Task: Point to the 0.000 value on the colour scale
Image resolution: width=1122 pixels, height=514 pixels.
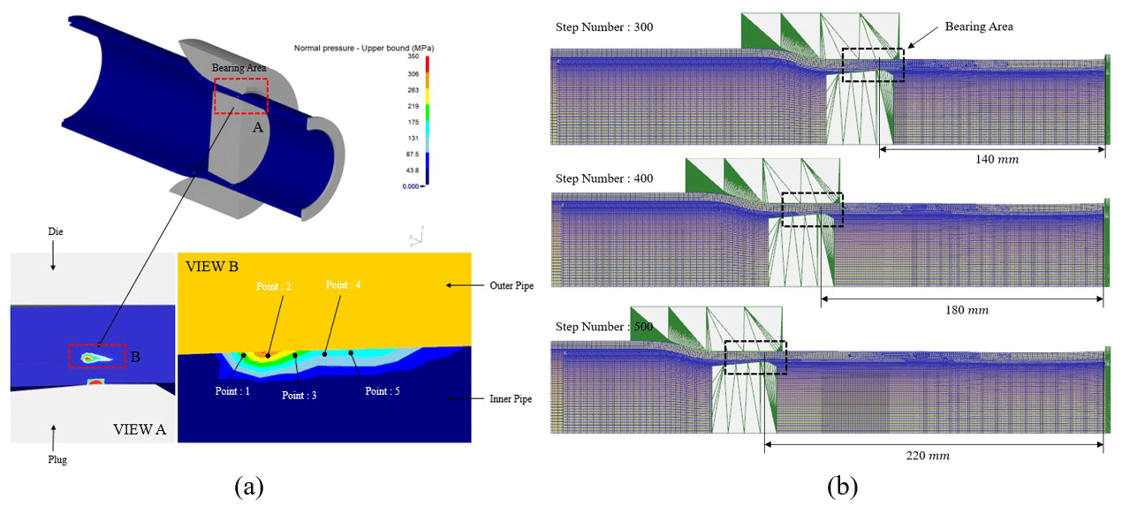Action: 411,186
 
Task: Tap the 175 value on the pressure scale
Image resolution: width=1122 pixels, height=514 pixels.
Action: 413,121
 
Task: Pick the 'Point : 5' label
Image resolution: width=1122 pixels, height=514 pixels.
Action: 389,390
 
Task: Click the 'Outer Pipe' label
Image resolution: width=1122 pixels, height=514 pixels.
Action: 511,285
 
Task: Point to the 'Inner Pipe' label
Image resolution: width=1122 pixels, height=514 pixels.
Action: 510,399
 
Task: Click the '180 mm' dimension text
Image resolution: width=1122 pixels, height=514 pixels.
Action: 965,311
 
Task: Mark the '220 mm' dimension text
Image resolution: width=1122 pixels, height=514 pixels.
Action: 927,456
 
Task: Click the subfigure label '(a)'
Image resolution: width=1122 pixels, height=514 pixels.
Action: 248,486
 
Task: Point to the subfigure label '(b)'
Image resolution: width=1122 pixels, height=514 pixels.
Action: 842,486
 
